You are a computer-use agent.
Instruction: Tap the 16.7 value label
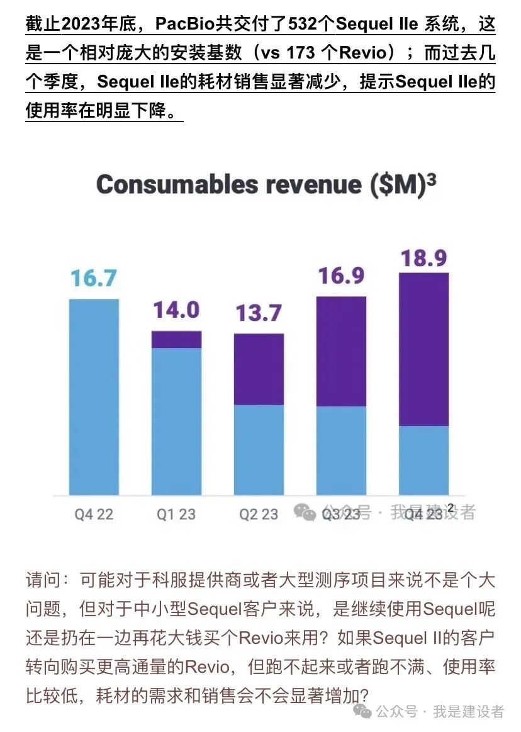pos(93,278)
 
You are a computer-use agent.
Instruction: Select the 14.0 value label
pos(176,310)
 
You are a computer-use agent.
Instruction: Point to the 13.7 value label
pos(259,312)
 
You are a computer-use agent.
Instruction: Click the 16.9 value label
pos(341,275)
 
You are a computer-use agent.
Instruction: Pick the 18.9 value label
pos(424,257)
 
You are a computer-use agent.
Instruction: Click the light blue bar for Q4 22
pos(94,397)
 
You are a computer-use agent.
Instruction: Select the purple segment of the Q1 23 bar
pos(176,339)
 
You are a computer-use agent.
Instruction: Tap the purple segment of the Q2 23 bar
pos(259,369)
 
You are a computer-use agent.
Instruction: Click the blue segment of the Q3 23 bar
pos(341,450)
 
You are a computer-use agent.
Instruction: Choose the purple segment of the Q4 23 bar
pos(424,349)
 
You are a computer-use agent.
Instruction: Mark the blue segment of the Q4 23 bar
pos(424,460)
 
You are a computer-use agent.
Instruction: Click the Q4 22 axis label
pos(94,514)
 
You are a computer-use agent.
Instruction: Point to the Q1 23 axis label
pos(176,514)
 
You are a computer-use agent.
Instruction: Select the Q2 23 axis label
pos(259,514)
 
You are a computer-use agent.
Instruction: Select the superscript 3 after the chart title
pos(431,178)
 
